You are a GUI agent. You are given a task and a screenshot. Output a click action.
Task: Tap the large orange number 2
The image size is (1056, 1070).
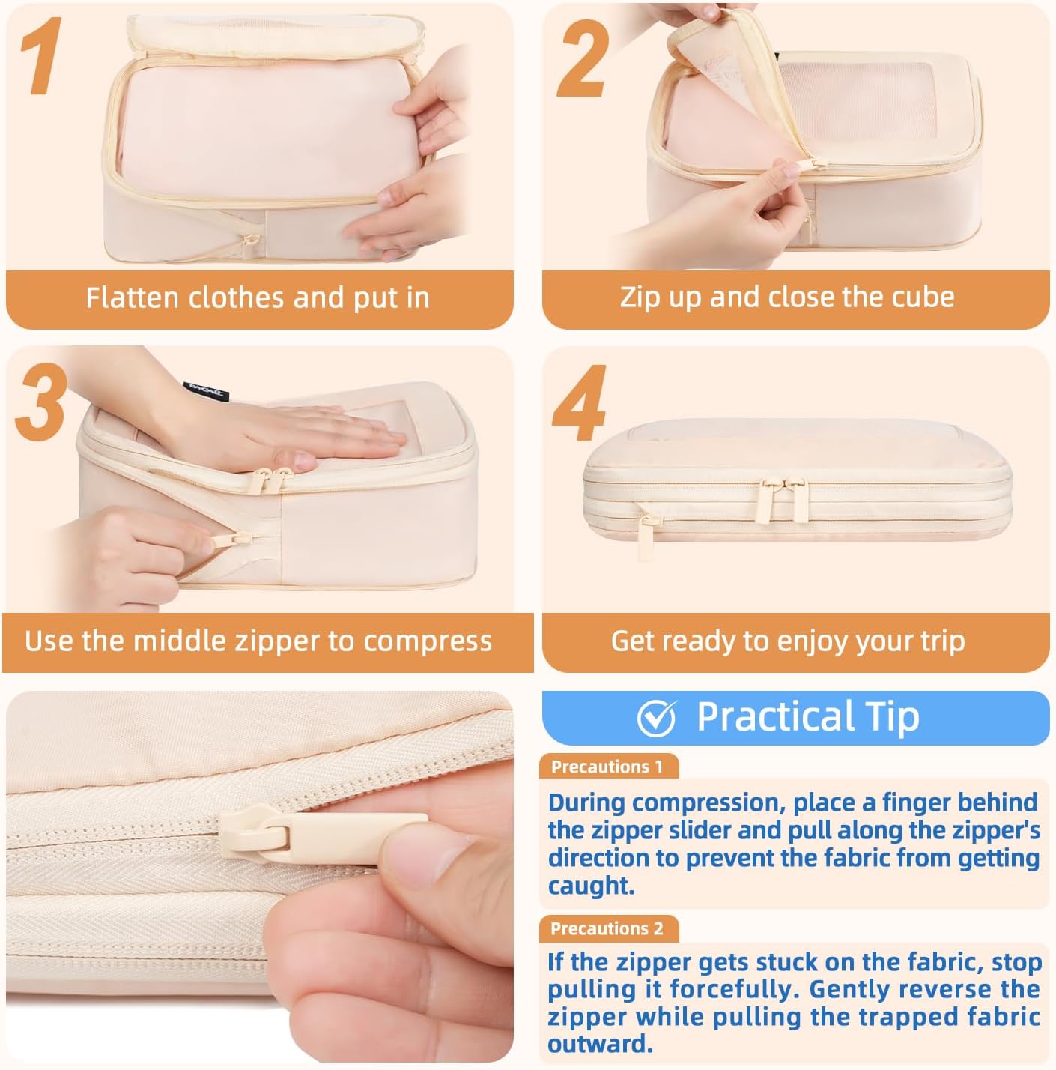(583, 59)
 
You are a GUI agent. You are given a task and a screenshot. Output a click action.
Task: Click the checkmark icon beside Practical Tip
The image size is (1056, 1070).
(657, 717)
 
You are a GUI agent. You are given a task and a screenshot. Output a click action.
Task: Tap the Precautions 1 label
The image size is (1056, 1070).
(607, 767)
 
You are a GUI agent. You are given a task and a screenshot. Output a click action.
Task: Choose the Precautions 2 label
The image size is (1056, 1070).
(607, 928)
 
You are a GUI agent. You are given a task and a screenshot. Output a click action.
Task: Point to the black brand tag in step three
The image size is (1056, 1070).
(206, 391)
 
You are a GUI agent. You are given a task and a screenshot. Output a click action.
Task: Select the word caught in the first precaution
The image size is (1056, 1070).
(591, 885)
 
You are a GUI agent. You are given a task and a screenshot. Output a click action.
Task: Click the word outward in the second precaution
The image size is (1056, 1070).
(600, 1045)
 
